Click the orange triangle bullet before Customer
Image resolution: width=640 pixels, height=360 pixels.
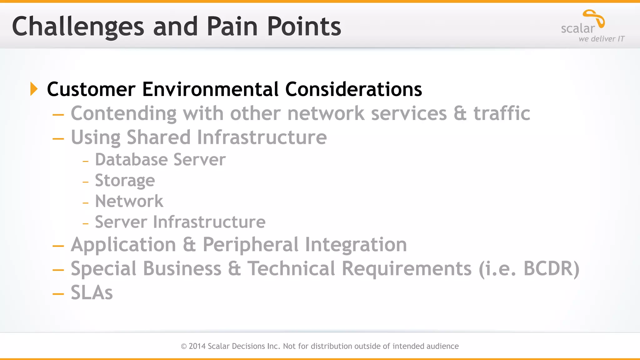coord(34,89)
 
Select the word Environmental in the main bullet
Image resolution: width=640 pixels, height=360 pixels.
coord(210,89)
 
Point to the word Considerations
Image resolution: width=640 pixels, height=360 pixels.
coord(353,89)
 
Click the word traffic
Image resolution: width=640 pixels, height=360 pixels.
coord(502,113)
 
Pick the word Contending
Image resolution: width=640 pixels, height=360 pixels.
coord(123,114)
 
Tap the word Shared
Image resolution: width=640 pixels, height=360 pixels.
coord(158,137)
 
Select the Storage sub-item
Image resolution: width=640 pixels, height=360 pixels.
coord(125,181)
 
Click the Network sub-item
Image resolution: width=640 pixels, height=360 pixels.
coord(129,201)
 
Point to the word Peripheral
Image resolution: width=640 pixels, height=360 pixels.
coord(251,245)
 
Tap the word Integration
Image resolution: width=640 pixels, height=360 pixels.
coord(356,245)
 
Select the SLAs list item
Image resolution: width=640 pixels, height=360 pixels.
coord(92,292)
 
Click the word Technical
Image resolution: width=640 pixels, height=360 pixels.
coord(291,268)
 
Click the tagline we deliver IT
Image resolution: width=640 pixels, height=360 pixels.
coord(601,39)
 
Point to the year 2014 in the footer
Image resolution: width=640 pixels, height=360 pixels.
coord(197,346)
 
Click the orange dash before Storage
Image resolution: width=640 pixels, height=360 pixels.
coord(86,182)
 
